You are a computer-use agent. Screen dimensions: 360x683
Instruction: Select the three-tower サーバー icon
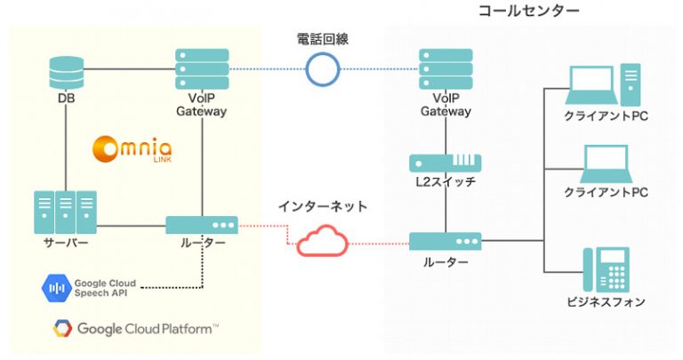coord(64,212)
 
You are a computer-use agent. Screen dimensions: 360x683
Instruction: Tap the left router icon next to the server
coord(202,225)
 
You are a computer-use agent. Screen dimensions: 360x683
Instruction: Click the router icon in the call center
coord(445,240)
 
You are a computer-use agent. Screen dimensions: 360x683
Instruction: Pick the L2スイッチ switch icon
coord(445,163)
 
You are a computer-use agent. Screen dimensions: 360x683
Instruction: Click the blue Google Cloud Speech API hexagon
coord(56,286)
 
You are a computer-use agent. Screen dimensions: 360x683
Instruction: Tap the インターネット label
coord(322,206)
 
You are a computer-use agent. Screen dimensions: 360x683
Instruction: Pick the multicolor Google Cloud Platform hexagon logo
coord(60,329)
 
